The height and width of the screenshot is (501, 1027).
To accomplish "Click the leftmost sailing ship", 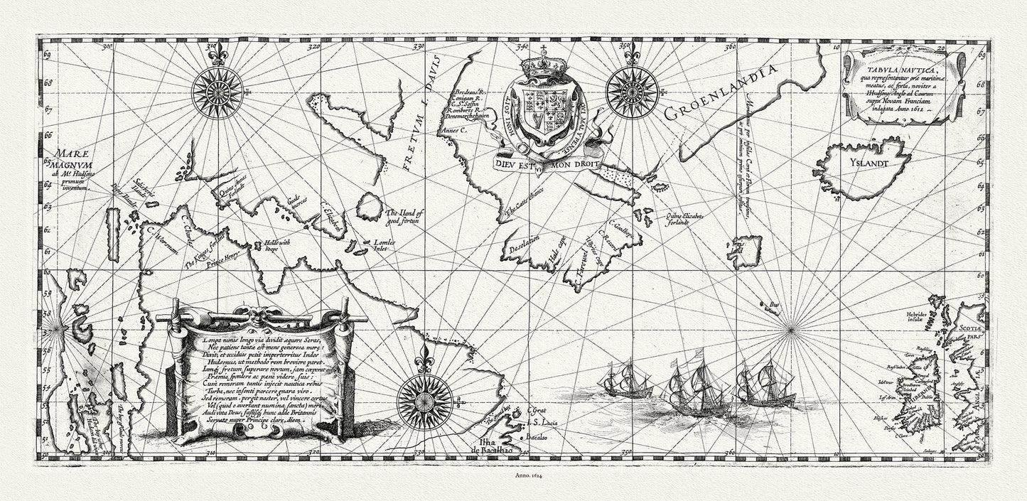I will click(x=623, y=378).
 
